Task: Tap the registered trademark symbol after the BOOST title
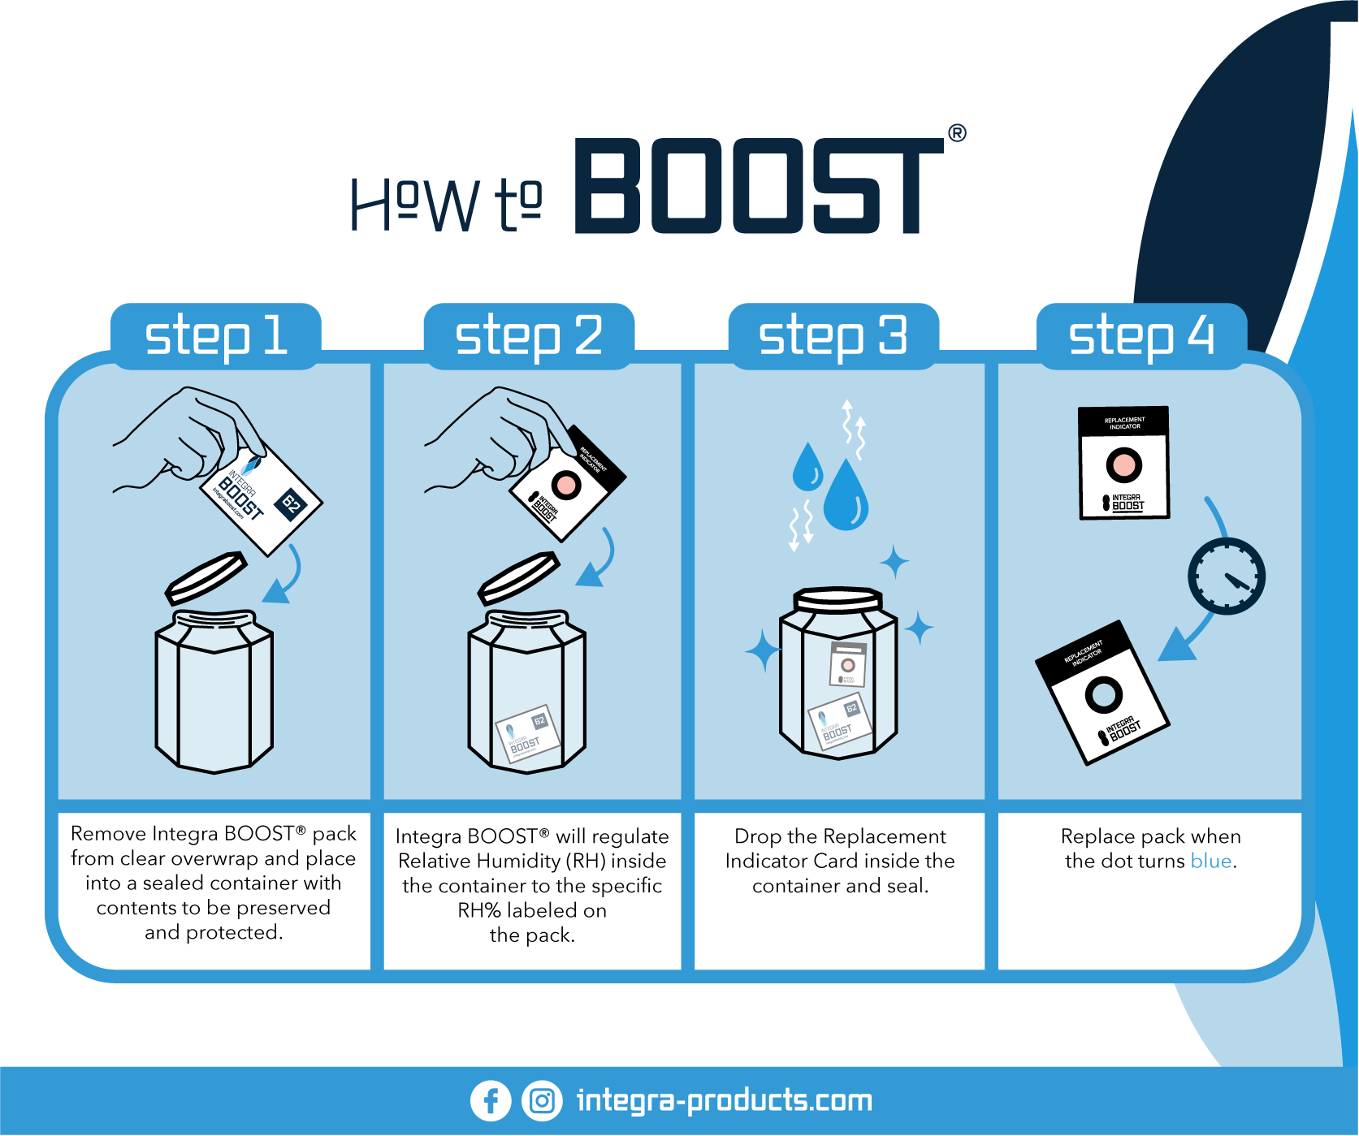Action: coord(957,133)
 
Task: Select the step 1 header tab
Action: coord(216,336)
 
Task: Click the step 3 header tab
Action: coord(833,336)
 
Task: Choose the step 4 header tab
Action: coord(1141,336)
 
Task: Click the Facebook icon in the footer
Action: coord(491,1101)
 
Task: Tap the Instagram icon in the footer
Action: coord(542,1101)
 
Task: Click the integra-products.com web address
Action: coord(724,1101)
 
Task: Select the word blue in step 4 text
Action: coord(1210,861)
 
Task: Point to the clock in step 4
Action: coord(1227,576)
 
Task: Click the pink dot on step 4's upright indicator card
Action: coord(1124,465)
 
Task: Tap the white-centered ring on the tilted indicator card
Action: coord(1104,694)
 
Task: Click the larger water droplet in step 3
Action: coord(846,497)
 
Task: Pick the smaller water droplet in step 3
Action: coord(807,469)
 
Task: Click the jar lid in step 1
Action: coord(206,577)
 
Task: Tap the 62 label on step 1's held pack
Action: coord(291,504)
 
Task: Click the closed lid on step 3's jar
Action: coord(837,600)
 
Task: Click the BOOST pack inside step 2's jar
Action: coord(528,733)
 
